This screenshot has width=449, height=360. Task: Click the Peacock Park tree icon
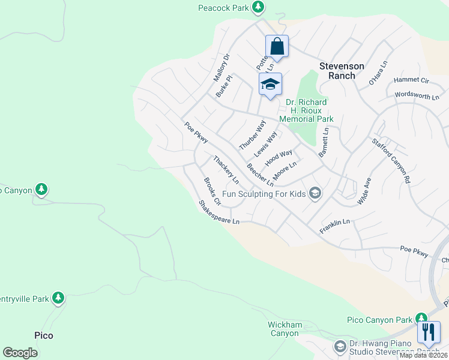pos(258,7)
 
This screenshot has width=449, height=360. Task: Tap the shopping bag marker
pos(277,46)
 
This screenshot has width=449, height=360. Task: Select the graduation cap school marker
pos(270,84)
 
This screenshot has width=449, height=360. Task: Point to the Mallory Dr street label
pos(221,67)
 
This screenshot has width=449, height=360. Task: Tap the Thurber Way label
pos(252,135)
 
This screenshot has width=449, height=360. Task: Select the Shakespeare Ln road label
pos(219,212)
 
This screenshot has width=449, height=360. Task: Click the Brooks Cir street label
pos(212,191)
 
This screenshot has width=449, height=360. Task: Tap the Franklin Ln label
pos(334,222)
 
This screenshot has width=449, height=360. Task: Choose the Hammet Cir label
pos(411,80)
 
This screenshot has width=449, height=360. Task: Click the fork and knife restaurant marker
pos(429,332)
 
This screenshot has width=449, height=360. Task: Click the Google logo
pos(20,353)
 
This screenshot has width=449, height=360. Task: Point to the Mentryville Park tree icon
pos(58,297)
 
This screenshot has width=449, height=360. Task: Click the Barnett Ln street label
pos(324,142)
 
